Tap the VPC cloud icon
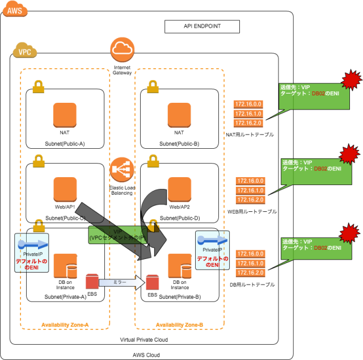pos(25,51)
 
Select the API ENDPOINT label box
pos(202,27)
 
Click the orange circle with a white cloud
pos(122,49)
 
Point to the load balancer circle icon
pos(121,169)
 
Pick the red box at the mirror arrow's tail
pos(92,282)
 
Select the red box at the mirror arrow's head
pos(153,282)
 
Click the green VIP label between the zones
pos(117,235)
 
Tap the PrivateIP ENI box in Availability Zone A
pos(32,253)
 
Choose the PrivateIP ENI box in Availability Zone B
pos(212,250)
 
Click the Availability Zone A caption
pos(65,325)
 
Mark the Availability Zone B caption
pos(179,325)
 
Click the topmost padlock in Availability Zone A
pos(38,86)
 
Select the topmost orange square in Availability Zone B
pos(179,115)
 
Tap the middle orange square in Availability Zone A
pos(65,189)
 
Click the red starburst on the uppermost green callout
pos(351,80)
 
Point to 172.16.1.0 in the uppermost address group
pos(248,114)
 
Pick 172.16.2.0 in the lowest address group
pos(250,273)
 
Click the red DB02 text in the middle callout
pos(320,169)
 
